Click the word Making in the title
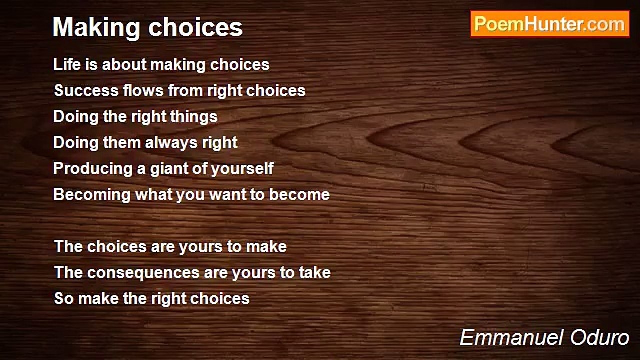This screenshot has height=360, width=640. click(x=96, y=28)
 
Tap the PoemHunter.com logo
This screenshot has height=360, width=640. click(x=550, y=24)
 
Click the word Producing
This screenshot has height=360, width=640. click(x=93, y=169)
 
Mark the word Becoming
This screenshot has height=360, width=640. click(x=92, y=195)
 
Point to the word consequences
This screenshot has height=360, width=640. click(x=143, y=273)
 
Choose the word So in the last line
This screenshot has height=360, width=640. click(x=64, y=299)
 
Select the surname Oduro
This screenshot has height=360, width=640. click(x=599, y=338)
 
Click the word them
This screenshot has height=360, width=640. click(x=121, y=143)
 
